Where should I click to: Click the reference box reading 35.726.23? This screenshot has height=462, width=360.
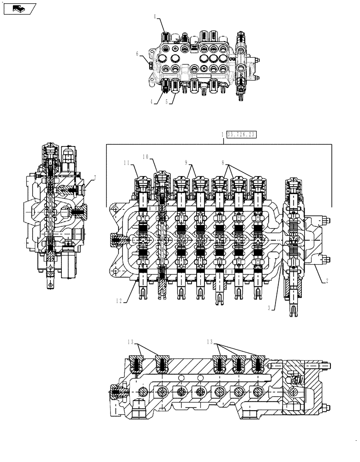(241, 135)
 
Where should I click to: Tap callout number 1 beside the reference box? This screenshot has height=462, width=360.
(222, 135)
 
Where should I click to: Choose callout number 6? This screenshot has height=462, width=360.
(137, 53)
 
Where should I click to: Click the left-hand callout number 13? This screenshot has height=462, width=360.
(132, 342)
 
